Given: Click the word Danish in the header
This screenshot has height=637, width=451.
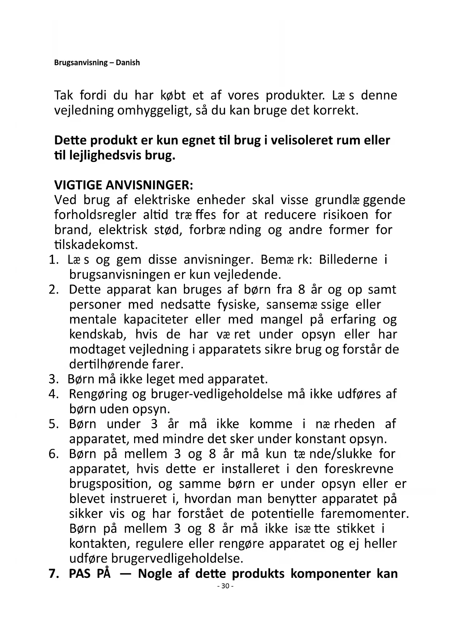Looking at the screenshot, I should click(x=128, y=62).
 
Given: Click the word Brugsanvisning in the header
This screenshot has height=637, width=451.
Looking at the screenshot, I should click(x=81, y=62).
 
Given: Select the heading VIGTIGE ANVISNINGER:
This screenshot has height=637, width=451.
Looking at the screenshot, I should click(x=124, y=185).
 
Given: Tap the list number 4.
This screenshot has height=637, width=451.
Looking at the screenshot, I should click(x=53, y=394).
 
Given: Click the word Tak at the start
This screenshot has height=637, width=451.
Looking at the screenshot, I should click(x=64, y=96).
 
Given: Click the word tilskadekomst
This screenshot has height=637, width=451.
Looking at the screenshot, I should click(x=96, y=245).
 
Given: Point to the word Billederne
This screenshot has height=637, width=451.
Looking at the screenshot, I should click(x=348, y=260).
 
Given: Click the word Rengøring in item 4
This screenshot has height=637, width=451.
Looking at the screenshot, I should click(x=98, y=394).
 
